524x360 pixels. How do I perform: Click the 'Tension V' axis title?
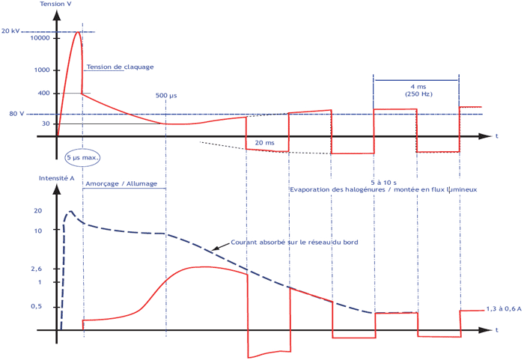pyautogui.click(x=55, y=4)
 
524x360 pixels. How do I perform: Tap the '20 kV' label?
pyautogui.click(x=10, y=31)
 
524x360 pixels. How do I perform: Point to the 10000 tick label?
pyautogui.click(x=40, y=38)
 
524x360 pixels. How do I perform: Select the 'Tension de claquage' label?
pyautogui.click(x=120, y=67)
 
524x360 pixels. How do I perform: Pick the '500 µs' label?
pyautogui.click(x=166, y=96)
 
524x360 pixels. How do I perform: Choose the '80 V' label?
pyautogui.click(x=16, y=114)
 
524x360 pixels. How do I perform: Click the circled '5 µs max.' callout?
pyautogui.click(x=82, y=157)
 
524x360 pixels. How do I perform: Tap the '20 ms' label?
pyautogui.click(x=265, y=143)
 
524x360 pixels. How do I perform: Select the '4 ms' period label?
pyautogui.click(x=418, y=87)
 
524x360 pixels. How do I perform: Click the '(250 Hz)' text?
pyautogui.click(x=418, y=94)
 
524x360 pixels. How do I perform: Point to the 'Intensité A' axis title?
pyautogui.click(x=56, y=178)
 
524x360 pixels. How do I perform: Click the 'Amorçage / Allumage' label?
pyautogui.click(x=121, y=184)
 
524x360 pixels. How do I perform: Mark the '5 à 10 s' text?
pyautogui.click(x=383, y=183)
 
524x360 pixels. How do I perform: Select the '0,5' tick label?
pyautogui.click(x=37, y=307)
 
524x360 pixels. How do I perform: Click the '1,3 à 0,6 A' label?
pyautogui.click(x=504, y=309)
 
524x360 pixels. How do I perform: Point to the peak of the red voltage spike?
pyautogui.click(x=78, y=32)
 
